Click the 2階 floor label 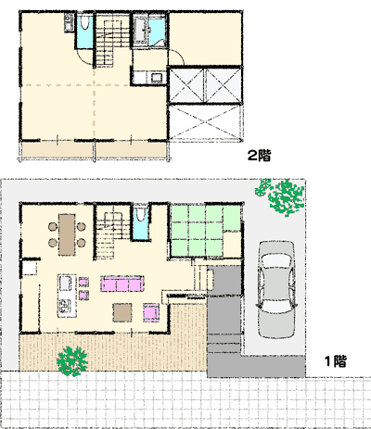tap(259, 156)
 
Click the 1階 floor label tap(336, 361)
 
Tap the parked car tap(275, 289)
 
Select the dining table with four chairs tap(67, 234)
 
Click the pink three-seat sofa tap(122, 284)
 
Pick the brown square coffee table tap(122, 312)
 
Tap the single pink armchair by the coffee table tap(151, 312)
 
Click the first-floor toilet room tap(140, 222)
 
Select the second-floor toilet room tap(84, 31)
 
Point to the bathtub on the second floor tap(141, 30)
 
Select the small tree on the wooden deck tap(72, 360)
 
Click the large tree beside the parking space tap(281, 196)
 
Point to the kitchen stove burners tap(66, 306)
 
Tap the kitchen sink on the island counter tap(66, 283)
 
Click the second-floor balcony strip tap(94, 150)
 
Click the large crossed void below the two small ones tap(205, 122)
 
